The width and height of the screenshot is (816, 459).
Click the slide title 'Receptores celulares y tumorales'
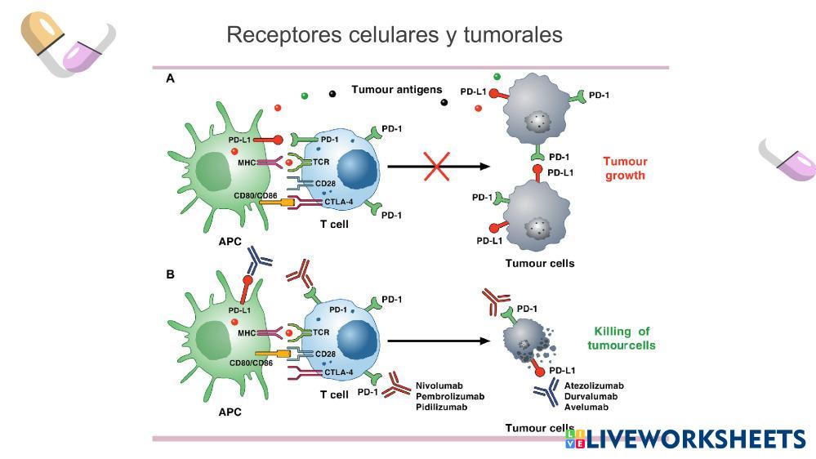(394, 35)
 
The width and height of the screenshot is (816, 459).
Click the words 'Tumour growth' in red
(625, 168)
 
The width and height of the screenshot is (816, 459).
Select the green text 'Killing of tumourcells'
(622, 338)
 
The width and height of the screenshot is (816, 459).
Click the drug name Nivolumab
(439, 385)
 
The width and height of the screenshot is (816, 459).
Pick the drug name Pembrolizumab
(449, 396)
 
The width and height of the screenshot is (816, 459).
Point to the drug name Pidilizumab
(441, 407)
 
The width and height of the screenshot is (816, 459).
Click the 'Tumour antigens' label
(397, 90)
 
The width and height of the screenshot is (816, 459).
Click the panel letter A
(171, 78)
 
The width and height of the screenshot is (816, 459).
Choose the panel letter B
(171, 274)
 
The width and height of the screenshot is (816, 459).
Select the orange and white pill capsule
(42, 32)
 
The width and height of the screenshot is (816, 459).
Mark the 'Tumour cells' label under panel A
(539, 263)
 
